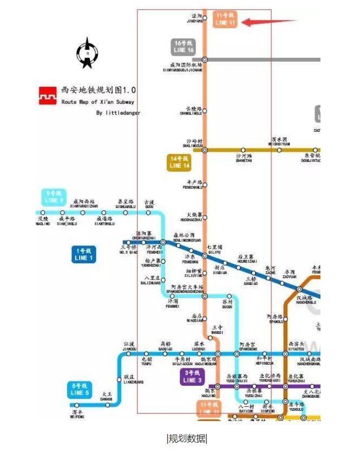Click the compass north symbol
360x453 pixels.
pyautogui.click(x=87, y=53)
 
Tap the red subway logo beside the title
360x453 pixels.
pyautogui.click(x=47, y=95)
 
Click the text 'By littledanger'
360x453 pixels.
pyautogui.click(x=117, y=113)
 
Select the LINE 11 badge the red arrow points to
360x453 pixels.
pyautogui.click(x=225, y=20)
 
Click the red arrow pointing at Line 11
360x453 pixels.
pyautogui.click(x=268, y=22)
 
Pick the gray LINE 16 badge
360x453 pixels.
pyautogui.click(x=184, y=47)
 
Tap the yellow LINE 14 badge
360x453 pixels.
pyautogui.click(x=179, y=163)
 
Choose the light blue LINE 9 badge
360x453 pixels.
pyautogui.click(x=54, y=197)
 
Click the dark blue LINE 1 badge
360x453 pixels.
pyautogui.click(x=84, y=254)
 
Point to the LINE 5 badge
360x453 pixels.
pyautogui.click(x=79, y=389)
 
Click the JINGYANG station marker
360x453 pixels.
pyautogui.click(x=205, y=18)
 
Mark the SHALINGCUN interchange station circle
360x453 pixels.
pyautogui.click(x=205, y=150)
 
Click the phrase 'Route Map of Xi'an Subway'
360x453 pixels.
pyautogui.click(x=98, y=102)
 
